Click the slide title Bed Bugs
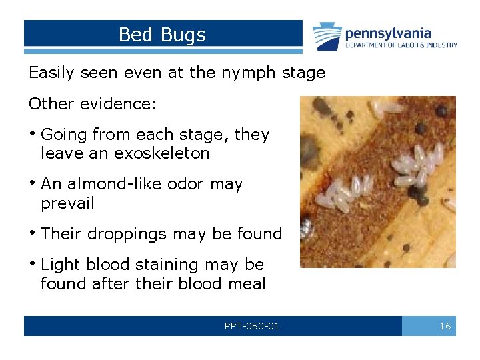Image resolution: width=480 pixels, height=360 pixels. coord(162,35)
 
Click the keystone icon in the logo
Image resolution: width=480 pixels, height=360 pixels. coord(327,36)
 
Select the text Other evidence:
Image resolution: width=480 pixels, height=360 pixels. coord(92,105)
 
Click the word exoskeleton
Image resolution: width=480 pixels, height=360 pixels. coord(163,153)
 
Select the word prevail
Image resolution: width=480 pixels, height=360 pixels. coord(67,203)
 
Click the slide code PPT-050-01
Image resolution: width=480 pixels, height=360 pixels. coord(252,326)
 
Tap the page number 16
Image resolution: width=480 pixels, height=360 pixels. coord(445,326)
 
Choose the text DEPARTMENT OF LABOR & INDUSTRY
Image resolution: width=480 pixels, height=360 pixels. coord(401,45)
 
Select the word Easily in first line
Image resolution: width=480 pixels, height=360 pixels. coord(52,73)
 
